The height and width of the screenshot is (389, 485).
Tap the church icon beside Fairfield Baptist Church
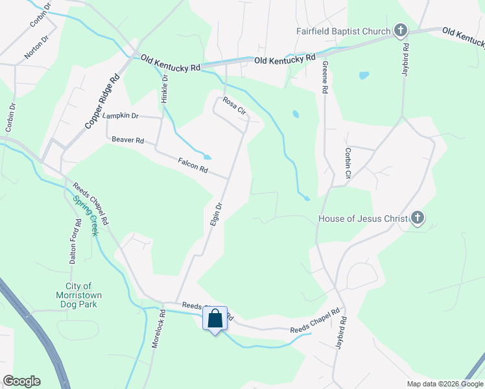[401, 30]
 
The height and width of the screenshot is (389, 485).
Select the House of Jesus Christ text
[363, 218]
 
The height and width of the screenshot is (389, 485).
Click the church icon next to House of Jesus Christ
[418, 218]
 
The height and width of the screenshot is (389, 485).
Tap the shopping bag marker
[215, 319]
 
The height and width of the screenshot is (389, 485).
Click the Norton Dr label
[36, 47]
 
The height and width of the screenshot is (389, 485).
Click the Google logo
[21, 381]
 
